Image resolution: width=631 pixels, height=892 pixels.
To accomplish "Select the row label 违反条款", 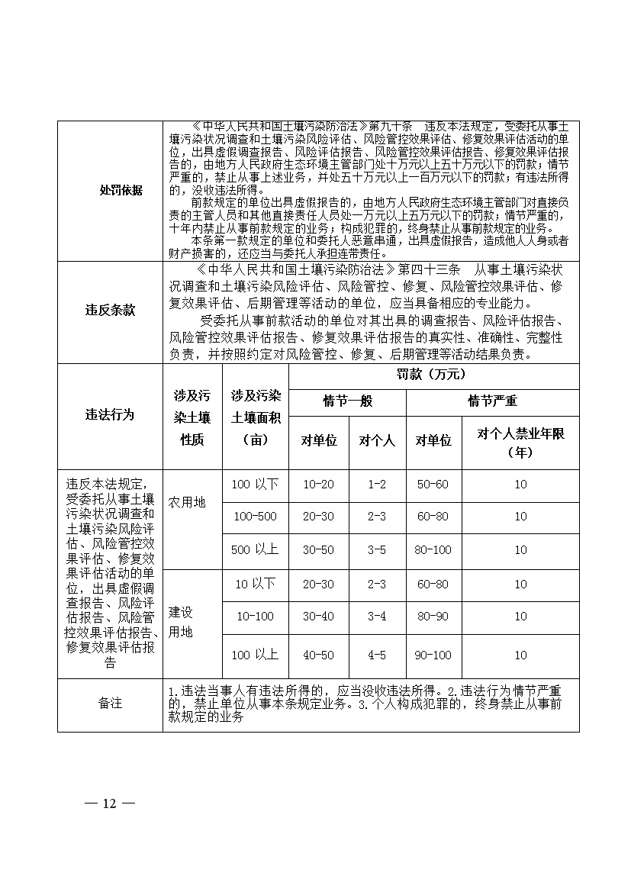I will pyautogui.click(x=110, y=311).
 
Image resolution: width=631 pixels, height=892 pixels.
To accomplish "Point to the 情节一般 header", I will pyautogui.click(x=348, y=401).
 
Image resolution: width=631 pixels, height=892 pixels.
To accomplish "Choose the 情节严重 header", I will pyautogui.click(x=492, y=401).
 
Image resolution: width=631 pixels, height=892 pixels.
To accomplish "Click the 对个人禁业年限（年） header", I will pyautogui.click(x=520, y=443).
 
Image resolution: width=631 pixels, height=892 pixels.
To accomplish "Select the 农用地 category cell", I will pyautogui.click(x=187, y=503).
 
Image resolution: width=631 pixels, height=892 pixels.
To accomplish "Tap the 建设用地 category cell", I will pyautogui.click(x=181, y=622).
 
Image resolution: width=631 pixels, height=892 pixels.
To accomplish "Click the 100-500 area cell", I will pyautogui.click(x=256, y=517).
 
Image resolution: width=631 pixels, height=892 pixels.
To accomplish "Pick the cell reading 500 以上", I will pyautogui.click(x=256, y=550).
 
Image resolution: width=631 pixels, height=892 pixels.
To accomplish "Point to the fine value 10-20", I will pyautogui.click(x=319, y=484).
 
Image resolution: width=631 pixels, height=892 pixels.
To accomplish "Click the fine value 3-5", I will pyautogui.click(x=377, y=550).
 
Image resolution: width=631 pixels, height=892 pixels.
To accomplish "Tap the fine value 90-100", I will pyautogui.click(x=433, y=655).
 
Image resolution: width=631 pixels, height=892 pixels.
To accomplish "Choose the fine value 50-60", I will pyautogui.click(x=433, y=484).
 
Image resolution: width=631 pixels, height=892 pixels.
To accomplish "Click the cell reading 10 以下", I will pyautogui.click(x=256, y=584).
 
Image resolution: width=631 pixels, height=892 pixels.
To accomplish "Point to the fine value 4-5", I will pyautogui.click(x=377, y=655).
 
